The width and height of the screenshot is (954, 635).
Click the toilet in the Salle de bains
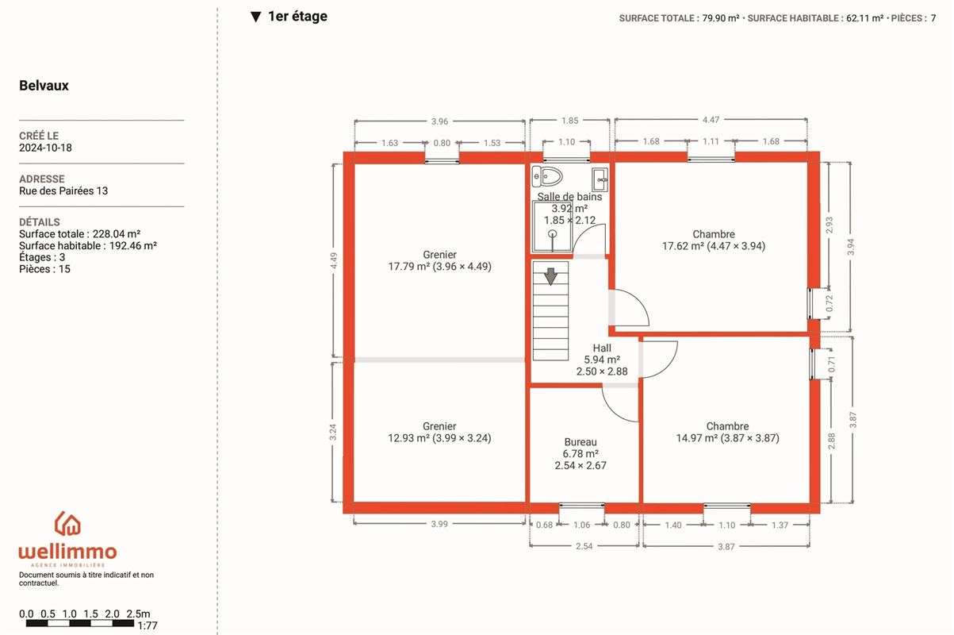point(547,176)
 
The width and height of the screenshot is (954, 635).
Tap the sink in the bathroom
point(600,179)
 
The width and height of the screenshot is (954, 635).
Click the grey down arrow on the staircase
point(550,276)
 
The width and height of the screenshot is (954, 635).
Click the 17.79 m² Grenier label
point(439,260)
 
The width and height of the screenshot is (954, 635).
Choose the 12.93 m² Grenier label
point(439,432)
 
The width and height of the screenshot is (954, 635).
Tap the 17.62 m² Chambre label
point(714,240)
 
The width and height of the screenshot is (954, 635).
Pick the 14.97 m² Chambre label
point(727,432)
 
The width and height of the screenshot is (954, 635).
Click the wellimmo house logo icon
point(67,523)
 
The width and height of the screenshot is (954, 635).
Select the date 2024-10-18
point(45,148)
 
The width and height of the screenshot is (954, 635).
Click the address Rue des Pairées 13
point(63,191)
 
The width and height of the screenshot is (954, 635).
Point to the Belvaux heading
point(44,86)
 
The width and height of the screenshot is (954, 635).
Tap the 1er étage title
point(297,17)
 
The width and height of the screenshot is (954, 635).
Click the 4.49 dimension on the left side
point(334,261)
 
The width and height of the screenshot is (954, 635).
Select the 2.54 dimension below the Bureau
point(584,546)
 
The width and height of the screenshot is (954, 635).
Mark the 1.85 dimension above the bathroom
point(570,121)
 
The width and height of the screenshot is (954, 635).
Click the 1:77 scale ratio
point(148,625)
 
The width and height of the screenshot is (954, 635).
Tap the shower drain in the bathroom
point(553,233)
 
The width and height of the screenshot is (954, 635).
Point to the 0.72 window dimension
point(829,303)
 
